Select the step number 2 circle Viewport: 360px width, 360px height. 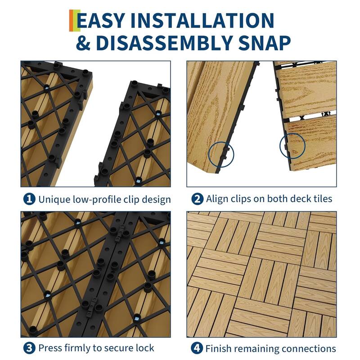click(197, 199)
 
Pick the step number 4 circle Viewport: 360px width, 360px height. click(197, 348)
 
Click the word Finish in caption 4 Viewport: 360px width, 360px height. click(218, 348)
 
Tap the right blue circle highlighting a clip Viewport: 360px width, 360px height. click(292, 145)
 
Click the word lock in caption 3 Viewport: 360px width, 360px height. click(145, 348)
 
